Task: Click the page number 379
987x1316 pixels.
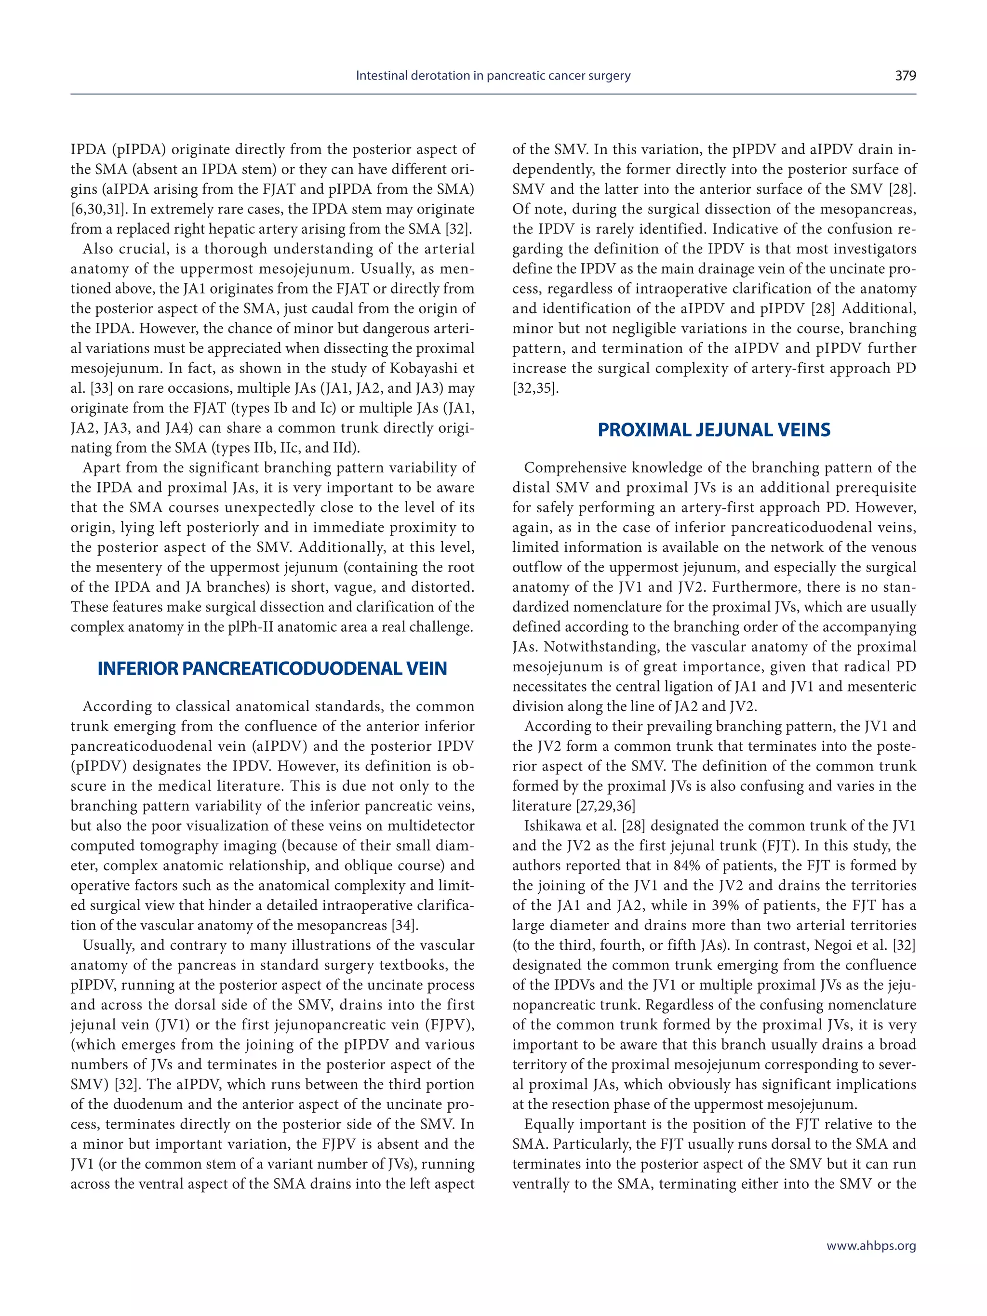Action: [905, 76]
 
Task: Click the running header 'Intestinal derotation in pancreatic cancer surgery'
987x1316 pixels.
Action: [493, 76]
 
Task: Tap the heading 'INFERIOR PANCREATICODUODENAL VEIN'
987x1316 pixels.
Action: [272, 669]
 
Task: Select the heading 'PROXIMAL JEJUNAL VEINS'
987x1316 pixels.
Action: [714, 430]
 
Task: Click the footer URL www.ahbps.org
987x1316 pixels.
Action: [871, 1246]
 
